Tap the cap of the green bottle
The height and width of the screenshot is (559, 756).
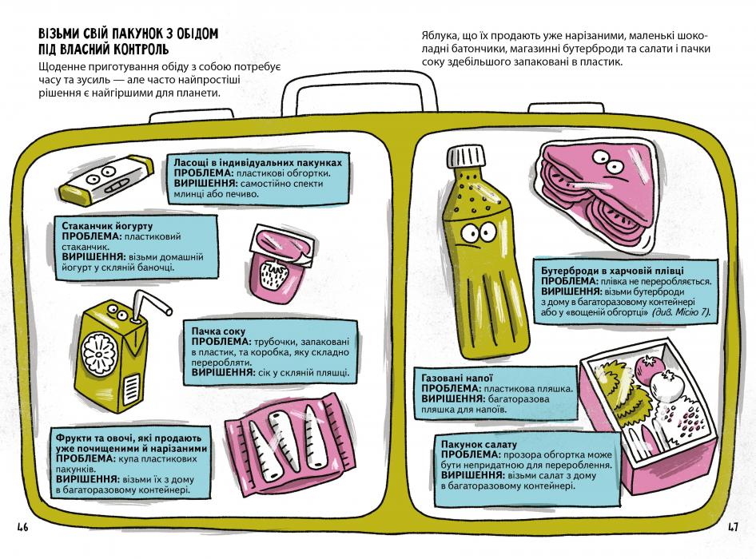464,156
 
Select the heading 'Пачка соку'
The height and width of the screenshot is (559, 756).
217,331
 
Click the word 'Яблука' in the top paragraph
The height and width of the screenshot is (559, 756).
437,37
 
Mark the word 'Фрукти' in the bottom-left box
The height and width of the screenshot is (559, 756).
74,438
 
